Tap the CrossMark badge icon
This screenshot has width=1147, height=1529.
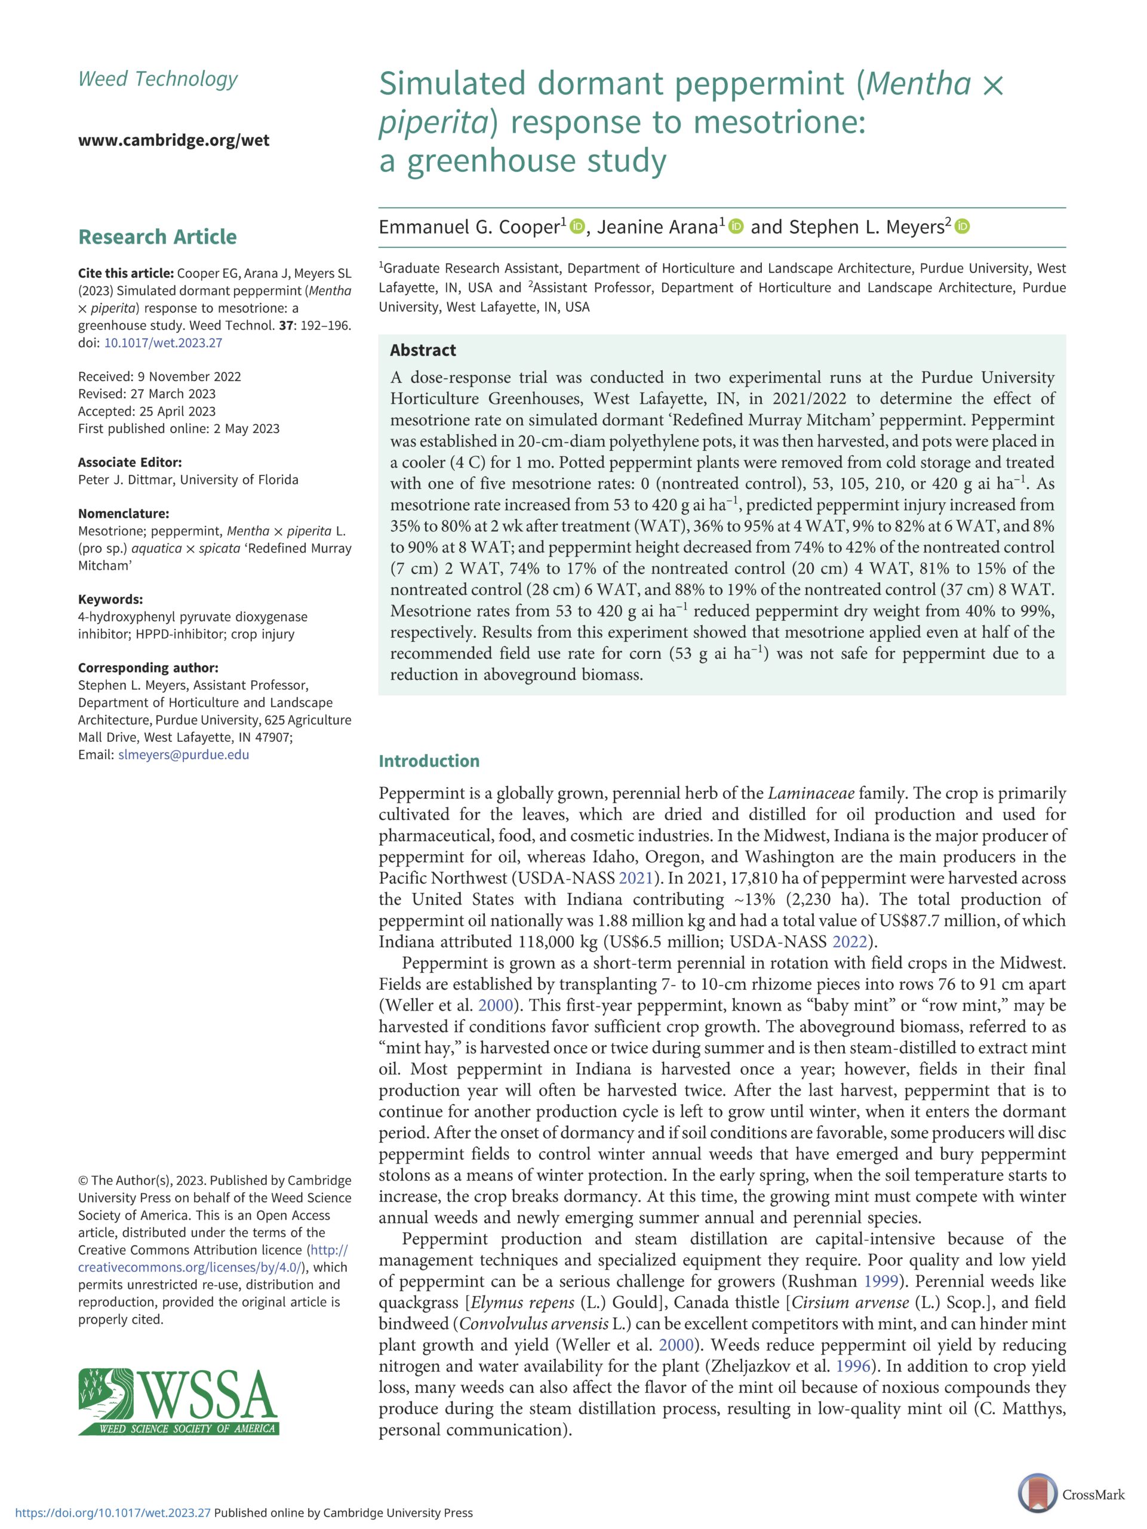[x=1038, y=1494]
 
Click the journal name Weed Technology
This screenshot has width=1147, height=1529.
[x=158, y=79]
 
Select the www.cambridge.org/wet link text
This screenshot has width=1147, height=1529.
[x=173, y=140]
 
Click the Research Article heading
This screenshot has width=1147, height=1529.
[x=158, y=237]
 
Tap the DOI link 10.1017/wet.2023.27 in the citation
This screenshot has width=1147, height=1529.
[x=163, y=343]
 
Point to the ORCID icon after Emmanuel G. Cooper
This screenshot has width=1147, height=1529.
[x=577, y=227]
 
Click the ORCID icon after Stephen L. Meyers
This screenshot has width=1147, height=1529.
[x=963, y=227]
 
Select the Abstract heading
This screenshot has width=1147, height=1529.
[x=423, y=351]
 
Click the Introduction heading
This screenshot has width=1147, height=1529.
[x=428, y=761]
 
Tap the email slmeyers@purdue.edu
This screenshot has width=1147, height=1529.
[x=184, y=755]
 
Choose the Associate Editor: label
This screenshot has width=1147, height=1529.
[x=130, y=462]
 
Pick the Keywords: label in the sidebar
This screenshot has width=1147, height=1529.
[x=110, y=599]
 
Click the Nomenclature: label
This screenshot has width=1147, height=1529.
[x=124, y=514]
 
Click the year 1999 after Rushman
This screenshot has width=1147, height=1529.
[x=880, y=1281]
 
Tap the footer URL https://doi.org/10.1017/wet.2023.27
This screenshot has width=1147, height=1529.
[x=113, y=1513]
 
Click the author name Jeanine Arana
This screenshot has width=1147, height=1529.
[x=656, y=228]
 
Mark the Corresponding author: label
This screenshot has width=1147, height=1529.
[x=148, y=668]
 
